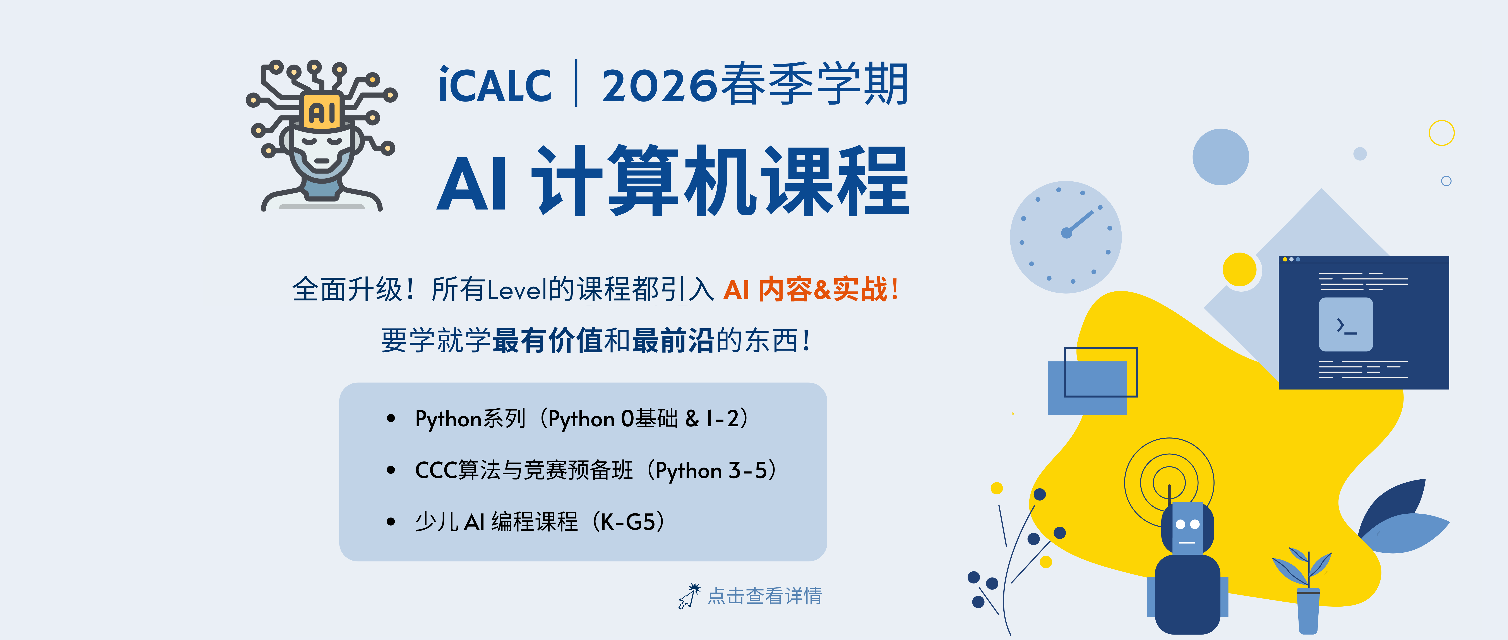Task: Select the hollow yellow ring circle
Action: click(x=1441, y=133)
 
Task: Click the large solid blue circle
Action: click(x=1221, y=157)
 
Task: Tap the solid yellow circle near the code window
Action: click(x=1239, y=269)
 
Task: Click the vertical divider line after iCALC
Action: click(x=577, y=83)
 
